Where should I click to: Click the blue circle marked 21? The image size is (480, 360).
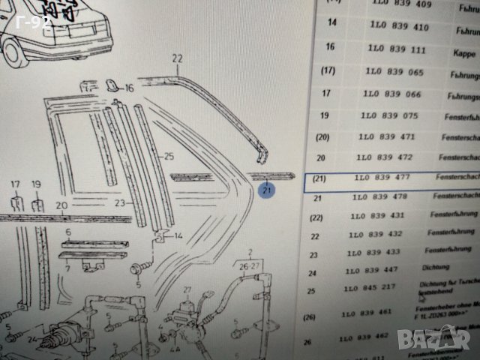267,191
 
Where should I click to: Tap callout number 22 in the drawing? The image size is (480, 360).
177,58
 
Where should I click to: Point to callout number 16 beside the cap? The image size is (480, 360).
129,88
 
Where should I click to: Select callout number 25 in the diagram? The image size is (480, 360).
169,156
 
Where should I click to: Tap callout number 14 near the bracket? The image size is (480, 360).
178,236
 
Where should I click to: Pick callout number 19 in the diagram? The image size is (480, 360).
35,184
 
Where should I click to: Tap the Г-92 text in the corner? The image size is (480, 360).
35,22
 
